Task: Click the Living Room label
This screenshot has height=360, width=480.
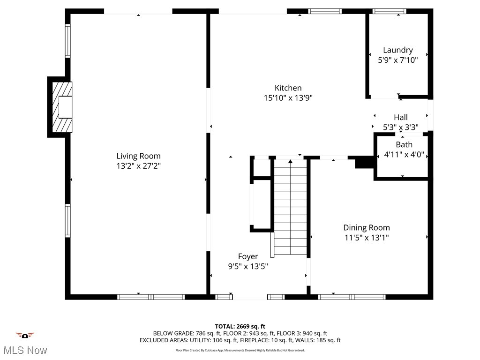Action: [x=138, y=156]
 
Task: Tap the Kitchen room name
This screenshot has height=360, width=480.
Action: [x=288, y=88]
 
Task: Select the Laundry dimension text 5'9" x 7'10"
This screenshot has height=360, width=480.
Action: [x=397, y=60]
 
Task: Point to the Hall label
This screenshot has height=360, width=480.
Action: [x=400, y=117]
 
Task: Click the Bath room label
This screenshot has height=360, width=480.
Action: [x=404, y=144]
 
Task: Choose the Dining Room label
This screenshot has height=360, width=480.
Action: [x=366, y=227]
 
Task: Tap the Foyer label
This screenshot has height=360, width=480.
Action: [x=247, y=256]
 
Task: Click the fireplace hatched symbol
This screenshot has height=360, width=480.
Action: [x=62, y=107]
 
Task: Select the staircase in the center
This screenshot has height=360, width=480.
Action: [x=290, y=209]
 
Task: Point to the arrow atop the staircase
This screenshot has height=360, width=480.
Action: [x=290, y=162]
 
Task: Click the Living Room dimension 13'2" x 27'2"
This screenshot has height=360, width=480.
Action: [x=138, y=166]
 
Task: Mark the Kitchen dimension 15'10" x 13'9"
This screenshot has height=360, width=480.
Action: [x=288, y=98]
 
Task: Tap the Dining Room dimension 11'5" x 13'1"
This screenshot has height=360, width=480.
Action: [x=366, y=238]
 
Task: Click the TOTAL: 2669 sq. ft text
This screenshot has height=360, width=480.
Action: [x=240, y=326]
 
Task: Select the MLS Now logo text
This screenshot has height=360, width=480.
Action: [x=25, y=350]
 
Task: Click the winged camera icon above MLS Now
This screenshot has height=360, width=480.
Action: [x=25, y=335]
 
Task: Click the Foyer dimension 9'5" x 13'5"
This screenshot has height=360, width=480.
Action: [x=247, y=266]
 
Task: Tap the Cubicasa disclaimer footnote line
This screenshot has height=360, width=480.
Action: [x=240, y=350]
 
